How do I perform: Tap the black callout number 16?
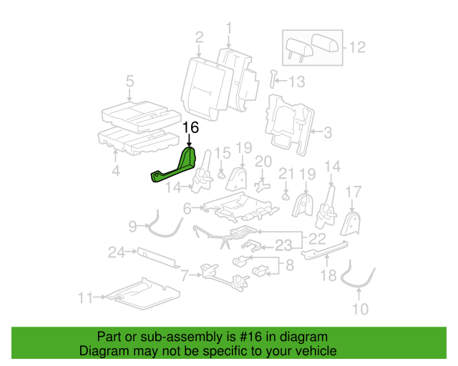191,127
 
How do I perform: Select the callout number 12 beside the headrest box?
357,47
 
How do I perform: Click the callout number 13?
297,81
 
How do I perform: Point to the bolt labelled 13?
273,79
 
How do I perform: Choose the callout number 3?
328,132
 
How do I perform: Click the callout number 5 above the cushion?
130,81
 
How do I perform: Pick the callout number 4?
116,170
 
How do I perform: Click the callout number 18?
328,275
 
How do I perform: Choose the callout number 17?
354,192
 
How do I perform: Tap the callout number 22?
317,239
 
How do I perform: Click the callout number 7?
185,275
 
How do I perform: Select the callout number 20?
263,162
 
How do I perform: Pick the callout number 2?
199,38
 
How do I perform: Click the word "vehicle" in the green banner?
316,351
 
